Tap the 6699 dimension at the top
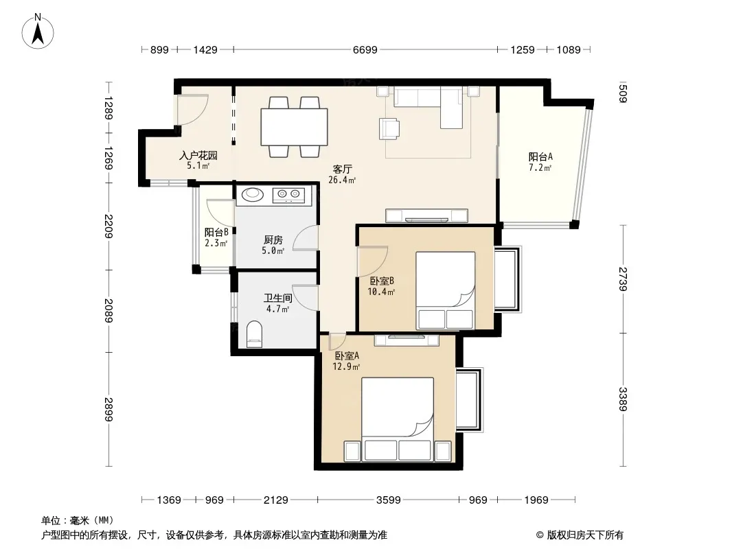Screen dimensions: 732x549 [x=365, y=49]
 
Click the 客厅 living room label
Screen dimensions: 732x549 [x=342, y=169]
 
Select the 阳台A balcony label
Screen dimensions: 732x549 [x=540, y=156]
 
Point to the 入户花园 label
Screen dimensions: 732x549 [x=198, y=155]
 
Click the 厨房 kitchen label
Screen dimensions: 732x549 [x=273, y=240]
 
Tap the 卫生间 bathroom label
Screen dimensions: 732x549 [x=278, y=298]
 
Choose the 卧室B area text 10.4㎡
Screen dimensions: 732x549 [x=381, y=292]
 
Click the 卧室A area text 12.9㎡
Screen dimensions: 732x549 [x=346, y=366]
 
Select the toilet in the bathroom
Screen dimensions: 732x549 [x=255, y=334]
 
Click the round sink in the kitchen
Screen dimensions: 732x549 [x=253, y=194]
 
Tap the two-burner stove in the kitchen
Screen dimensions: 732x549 [x=288, y=195]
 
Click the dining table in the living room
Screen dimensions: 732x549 [x=294, y=127]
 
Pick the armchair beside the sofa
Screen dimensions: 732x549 [x=389, y=128]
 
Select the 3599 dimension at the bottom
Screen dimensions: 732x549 [x=389, y=500]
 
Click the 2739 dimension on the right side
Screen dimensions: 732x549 [x=623, y=279]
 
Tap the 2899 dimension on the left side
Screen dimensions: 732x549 [x=108, y=409]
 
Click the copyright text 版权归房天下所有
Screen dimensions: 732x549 [x=584, y=535]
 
